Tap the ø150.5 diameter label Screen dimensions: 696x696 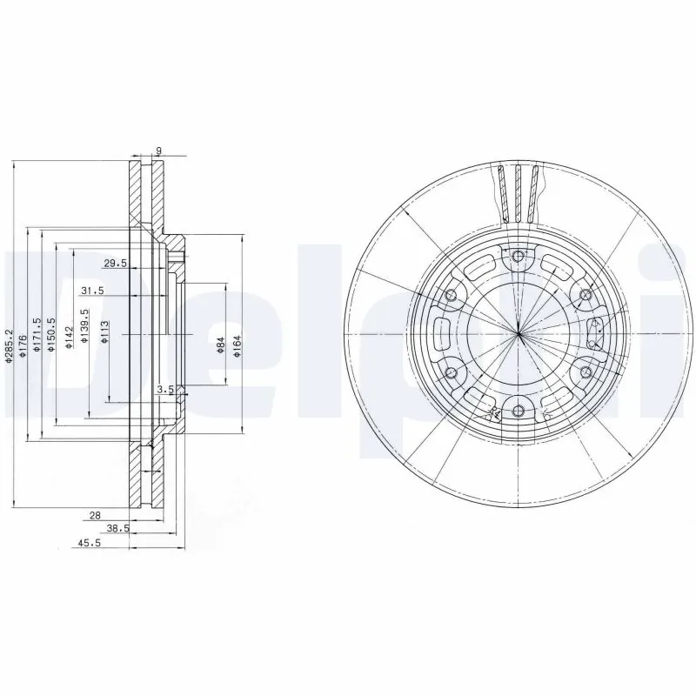coord(52,334)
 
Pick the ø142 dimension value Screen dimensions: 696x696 coord(68,336)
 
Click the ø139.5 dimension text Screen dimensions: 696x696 coord(84,327)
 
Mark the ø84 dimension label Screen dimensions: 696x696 coord(221,346)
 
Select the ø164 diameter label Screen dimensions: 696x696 coord(237,346)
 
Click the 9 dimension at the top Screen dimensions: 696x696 coord(157,151)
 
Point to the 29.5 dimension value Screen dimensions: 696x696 coord(116,263)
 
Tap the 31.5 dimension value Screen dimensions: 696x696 coord(92,291)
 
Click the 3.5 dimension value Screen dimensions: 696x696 coord(164,389)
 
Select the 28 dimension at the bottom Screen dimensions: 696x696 coord(96,515)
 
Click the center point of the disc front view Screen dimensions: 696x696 coord(519,334)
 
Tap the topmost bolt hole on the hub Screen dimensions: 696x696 coord(519,256)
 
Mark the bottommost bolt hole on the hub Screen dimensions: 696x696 coord(519,412)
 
